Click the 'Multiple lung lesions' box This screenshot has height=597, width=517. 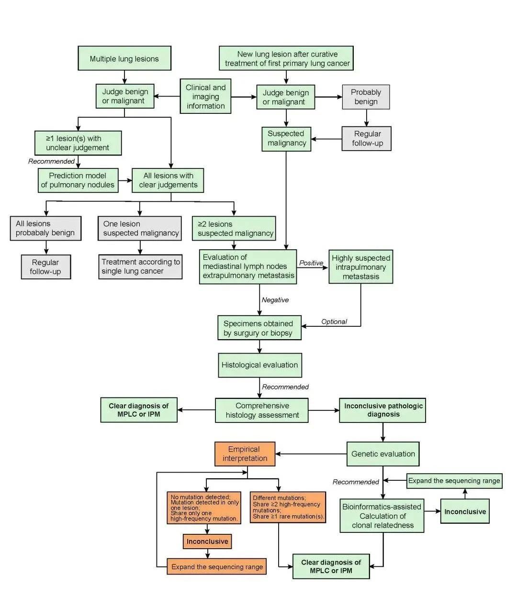coord(124,59)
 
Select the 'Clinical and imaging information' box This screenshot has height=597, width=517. coord(205,96)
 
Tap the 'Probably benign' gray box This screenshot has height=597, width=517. coord(366,97)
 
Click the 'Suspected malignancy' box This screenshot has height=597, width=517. coord(286,138)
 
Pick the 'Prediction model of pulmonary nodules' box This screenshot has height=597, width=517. coord(78,180)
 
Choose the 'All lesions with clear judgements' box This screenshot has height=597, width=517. coord(168,180)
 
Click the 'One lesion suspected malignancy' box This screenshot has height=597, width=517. coord(140,228)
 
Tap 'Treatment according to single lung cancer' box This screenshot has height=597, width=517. coord(140,266)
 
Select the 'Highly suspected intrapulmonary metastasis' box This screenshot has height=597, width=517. coord(361,267)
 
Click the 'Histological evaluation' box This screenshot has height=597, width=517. coord(259,365)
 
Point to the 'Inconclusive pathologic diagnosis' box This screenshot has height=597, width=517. coord(383,410)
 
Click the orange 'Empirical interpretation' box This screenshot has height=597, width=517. coord(245,453)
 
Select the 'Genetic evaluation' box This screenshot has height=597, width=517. coord(383,454)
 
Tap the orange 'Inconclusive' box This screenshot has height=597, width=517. coord(207,542)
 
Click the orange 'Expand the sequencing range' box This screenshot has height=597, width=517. coord(217,567)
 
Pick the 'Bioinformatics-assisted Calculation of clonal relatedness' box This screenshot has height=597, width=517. coord(383,516)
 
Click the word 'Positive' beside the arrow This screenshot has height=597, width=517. coord(311,263)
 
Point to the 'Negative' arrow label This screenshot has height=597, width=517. coord(275,300)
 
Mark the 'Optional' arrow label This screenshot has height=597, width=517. coord(334,321)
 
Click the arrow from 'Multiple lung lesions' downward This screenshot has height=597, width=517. coord(124,77)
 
